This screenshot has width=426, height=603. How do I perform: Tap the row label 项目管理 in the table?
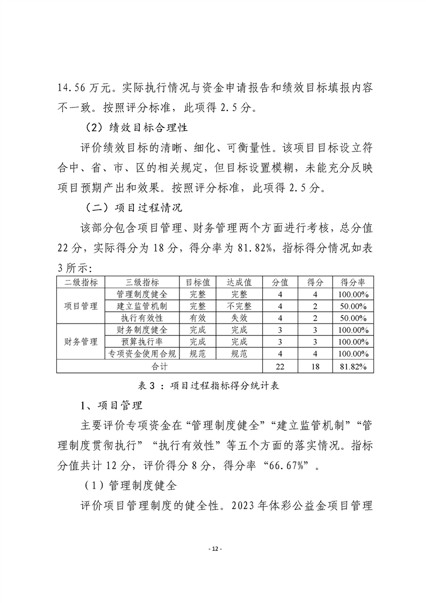[x=81, y=306]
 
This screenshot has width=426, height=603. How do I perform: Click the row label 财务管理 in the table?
[x=81, y=342]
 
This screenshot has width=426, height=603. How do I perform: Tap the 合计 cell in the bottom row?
[x=160, y=366]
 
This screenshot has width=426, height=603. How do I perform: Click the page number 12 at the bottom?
[x=213, y=549]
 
